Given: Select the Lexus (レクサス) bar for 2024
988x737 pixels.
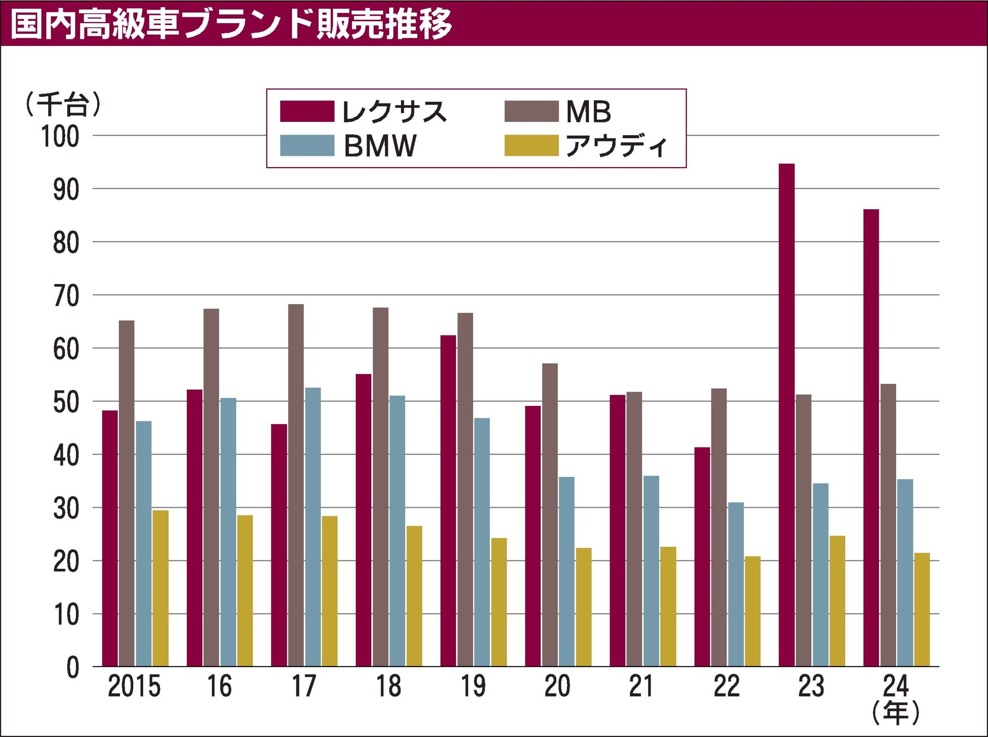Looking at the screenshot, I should tap(871, 438).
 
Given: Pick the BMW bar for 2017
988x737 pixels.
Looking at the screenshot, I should tap(313, 527).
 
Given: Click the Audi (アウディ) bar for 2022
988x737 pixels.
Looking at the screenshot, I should tap(752, 611).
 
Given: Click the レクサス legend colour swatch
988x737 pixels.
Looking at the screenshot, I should tap(307, 112).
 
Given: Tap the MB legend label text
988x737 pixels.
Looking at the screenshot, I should tap(589, 112).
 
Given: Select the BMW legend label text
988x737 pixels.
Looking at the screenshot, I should tap(380, 146).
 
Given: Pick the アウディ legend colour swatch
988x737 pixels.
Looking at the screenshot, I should tap(531, 145).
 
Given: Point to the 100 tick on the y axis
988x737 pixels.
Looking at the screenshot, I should tap(60, 137).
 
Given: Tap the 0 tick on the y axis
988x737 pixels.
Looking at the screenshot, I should tap(73, 668).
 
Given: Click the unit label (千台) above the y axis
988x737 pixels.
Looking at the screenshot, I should tap(64, 105).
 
